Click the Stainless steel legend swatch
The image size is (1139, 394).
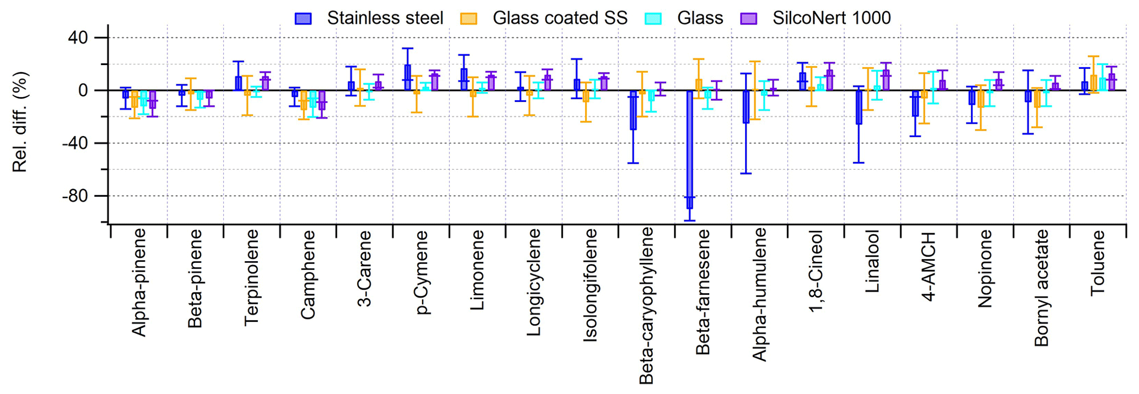[303, 18]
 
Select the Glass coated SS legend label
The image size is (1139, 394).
[560, 18]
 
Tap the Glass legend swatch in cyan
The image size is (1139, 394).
[653, 18]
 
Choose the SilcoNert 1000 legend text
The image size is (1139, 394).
[832, 18]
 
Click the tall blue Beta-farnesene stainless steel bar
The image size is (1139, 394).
[689, 149]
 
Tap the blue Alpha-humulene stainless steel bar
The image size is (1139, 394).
[746, 107]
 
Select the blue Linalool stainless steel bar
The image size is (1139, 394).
[859, 107]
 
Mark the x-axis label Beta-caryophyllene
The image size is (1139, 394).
[646, 305]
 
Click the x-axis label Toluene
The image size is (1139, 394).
[1097, 263]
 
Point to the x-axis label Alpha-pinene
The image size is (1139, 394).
[139, 283]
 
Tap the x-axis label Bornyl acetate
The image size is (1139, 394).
[1041, 288]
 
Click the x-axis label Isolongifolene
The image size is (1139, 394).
[590, 285]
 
